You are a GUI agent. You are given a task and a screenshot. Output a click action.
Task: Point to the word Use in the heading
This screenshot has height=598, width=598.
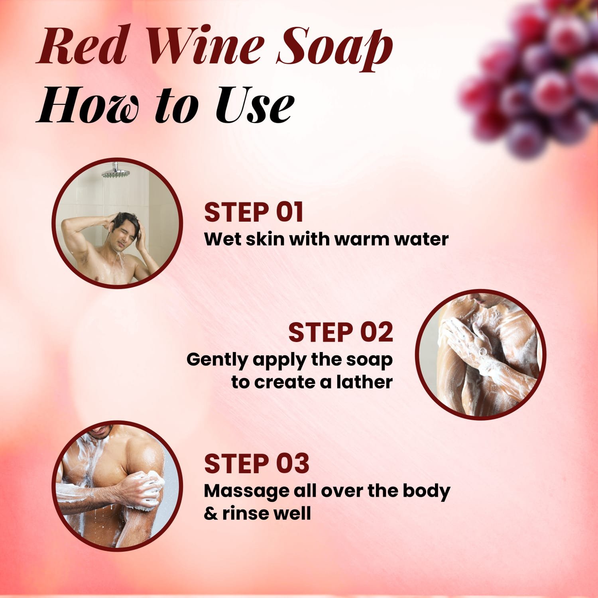[255, 106]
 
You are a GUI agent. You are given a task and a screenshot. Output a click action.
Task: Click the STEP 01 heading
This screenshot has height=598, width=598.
[254, 212]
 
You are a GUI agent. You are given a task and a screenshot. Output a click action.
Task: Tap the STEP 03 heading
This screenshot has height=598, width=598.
[256, 463]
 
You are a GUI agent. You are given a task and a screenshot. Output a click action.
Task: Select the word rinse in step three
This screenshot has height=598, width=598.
[242, 513]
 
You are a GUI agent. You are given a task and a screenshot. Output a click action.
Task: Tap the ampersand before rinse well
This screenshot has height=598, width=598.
[210, 513]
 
